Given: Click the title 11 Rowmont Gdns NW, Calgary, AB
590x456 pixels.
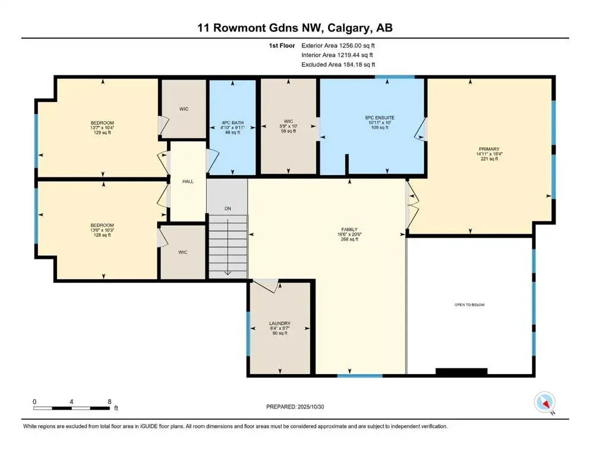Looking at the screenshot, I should tap(295, 28).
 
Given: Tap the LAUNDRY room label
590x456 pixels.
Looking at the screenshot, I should tap(279, 323).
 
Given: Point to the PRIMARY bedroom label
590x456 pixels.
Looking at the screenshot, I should tap(491, 149).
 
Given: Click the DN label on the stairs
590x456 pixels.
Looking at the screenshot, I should tap(227, 208).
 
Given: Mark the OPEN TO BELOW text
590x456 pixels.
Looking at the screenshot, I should tap(469, 305).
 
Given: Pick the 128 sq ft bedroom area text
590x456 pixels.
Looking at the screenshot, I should tap(102, 235).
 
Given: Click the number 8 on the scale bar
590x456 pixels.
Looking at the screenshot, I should tap(109, 401).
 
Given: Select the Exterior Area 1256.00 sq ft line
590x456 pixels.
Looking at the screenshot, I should tap(338, 45).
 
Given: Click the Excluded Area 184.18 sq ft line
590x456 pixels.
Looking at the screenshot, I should tap(338, 64).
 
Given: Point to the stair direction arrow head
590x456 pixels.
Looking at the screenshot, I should tap(228, 273).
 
